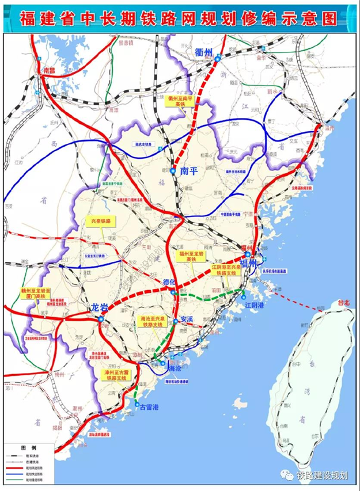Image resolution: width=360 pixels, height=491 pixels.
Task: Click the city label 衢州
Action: pos(204,52)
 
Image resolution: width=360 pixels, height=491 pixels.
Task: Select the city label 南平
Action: pos(189,171)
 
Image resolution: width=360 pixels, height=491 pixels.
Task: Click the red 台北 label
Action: pos(343,302)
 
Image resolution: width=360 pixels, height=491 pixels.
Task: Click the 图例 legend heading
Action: pos(29,447)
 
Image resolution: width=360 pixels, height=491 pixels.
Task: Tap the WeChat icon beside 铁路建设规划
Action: pos(287,475)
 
